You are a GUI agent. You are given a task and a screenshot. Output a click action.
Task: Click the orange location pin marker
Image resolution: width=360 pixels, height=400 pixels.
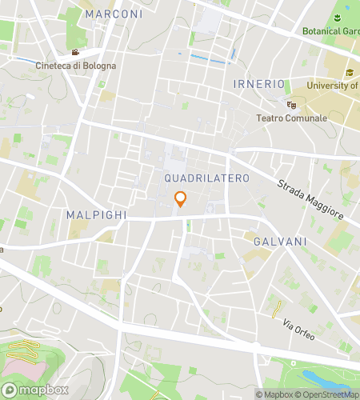(x=180, y=199)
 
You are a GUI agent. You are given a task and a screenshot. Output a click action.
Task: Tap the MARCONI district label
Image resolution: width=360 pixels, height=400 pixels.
(x=114, y=14)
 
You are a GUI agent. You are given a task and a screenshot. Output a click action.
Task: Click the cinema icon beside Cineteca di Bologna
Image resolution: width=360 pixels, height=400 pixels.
(x=74, y=54)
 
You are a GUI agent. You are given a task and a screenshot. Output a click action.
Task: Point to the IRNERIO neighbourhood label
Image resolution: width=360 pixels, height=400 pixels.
(x=259, y=84)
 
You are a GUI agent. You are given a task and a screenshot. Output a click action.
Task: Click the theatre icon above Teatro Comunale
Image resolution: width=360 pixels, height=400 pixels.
(x=291, y=104)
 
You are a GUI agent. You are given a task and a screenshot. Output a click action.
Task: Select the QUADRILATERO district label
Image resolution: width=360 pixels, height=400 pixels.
(x=206, y=177)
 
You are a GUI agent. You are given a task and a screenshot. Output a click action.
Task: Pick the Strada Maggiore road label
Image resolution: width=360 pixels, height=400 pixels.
(x=310, y=200)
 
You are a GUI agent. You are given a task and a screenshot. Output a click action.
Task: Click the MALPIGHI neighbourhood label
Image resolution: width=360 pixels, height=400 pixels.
(x=94, y=215)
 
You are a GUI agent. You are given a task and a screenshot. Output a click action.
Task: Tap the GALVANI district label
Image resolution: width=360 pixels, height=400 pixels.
(x=276, y=241)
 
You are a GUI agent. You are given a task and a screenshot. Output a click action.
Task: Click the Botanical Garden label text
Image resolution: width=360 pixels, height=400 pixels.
(x=330, y=32)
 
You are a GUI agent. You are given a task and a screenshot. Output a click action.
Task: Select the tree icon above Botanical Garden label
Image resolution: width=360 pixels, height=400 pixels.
(x=341, y=18)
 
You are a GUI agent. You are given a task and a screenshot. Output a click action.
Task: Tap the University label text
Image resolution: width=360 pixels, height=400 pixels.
(x=331, y=86)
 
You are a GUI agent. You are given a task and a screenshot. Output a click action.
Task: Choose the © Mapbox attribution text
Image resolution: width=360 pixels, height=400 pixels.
(x=274, y=394)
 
